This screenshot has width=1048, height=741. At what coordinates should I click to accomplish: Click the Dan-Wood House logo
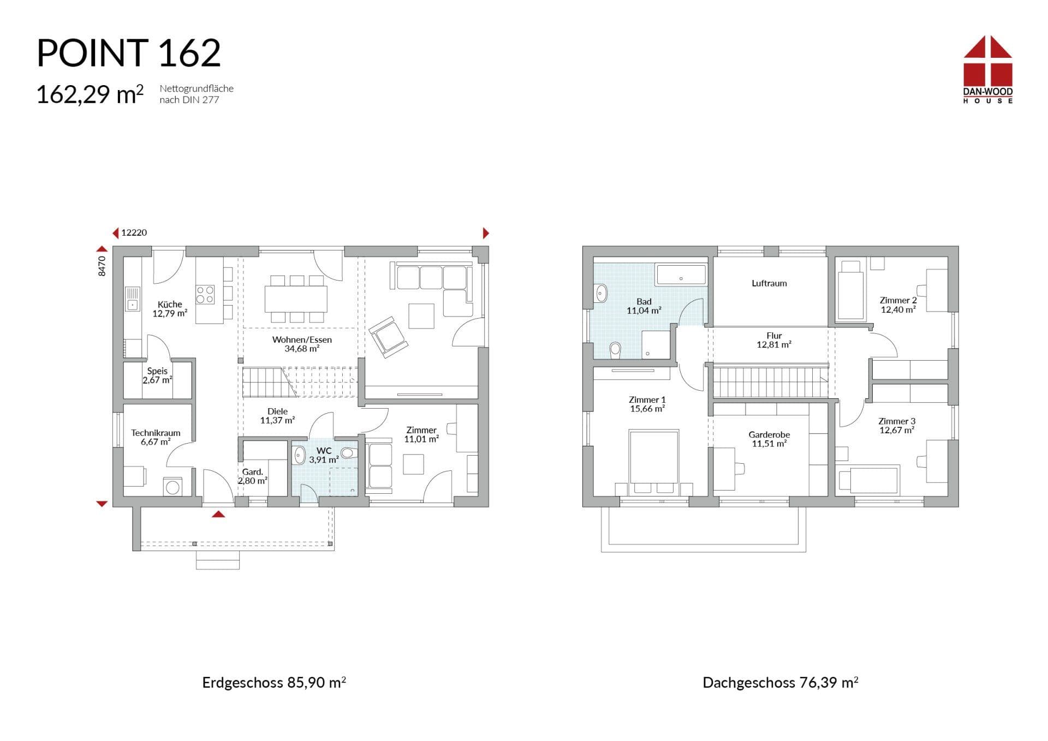coord(987,69)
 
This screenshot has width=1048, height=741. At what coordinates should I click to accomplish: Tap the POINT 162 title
coord(129,53)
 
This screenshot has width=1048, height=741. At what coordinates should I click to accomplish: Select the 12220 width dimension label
coord(134,232)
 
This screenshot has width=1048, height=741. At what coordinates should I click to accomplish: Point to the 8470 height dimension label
coord(102,266)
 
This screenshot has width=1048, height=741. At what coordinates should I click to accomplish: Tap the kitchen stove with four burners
coord(205,295)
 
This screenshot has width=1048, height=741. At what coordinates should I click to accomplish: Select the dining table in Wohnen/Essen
coord(296,298)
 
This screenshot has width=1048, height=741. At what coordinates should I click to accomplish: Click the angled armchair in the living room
coord(388,337)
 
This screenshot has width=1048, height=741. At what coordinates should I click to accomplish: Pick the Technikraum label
coord(156,433)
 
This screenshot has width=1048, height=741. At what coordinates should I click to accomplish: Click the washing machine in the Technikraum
coord(172,486)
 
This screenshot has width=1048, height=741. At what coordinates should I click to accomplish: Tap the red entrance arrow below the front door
coord(218,514)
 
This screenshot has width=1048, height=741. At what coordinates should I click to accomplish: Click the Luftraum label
coord(769,283)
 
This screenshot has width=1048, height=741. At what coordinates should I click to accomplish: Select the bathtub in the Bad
coord(681,274)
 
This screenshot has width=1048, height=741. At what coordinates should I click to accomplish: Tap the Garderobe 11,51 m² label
coord(769,439)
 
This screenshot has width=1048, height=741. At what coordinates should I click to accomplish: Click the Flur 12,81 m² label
coord(774,340)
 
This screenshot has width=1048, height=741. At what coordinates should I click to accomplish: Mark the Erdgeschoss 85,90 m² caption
coord(274,682)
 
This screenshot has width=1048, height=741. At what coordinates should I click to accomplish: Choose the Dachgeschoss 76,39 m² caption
coord(781,682)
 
